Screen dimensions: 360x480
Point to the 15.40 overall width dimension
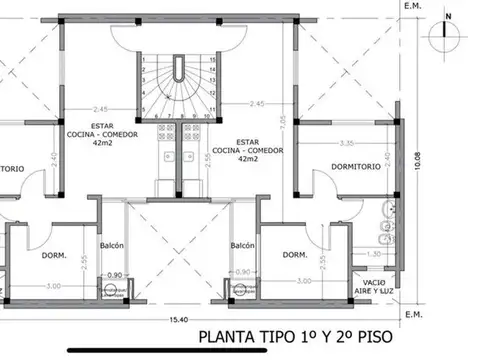coord(177,319)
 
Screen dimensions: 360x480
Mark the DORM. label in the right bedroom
coord(294,256)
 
